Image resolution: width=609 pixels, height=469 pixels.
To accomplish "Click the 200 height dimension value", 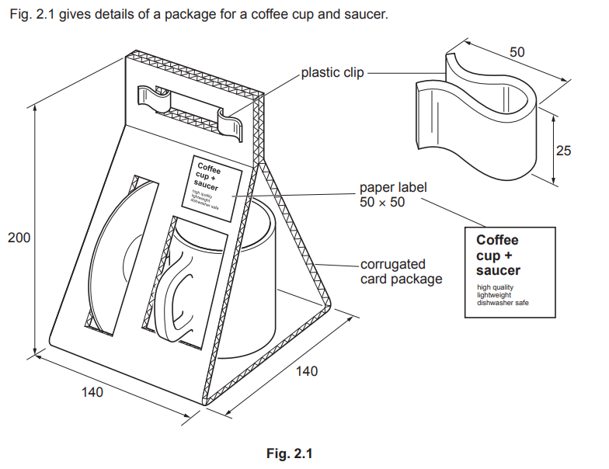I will tap(19, 238).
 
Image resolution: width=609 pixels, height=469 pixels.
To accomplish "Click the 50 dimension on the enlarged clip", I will tap(517, 53).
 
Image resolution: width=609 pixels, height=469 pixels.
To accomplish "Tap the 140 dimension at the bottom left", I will tap(92, 393).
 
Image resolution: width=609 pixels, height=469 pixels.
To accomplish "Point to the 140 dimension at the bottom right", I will tap(307, 372).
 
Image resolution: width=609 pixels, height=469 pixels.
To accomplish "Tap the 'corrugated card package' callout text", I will tap(401, 272).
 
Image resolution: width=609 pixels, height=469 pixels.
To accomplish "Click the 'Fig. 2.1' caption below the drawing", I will tap(299, 453).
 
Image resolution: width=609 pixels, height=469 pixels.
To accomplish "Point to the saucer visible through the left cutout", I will tap(117, 256).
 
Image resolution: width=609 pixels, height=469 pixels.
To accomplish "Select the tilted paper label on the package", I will tap(212, 187).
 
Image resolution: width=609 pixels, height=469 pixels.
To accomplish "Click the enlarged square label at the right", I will tap(510, 271).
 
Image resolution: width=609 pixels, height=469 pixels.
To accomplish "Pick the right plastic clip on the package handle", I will tap(231, 121).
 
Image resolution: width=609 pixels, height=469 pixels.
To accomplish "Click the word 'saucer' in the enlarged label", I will tap(498, 270).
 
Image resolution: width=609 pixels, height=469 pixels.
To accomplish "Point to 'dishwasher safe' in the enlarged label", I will tap(503, 301).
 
